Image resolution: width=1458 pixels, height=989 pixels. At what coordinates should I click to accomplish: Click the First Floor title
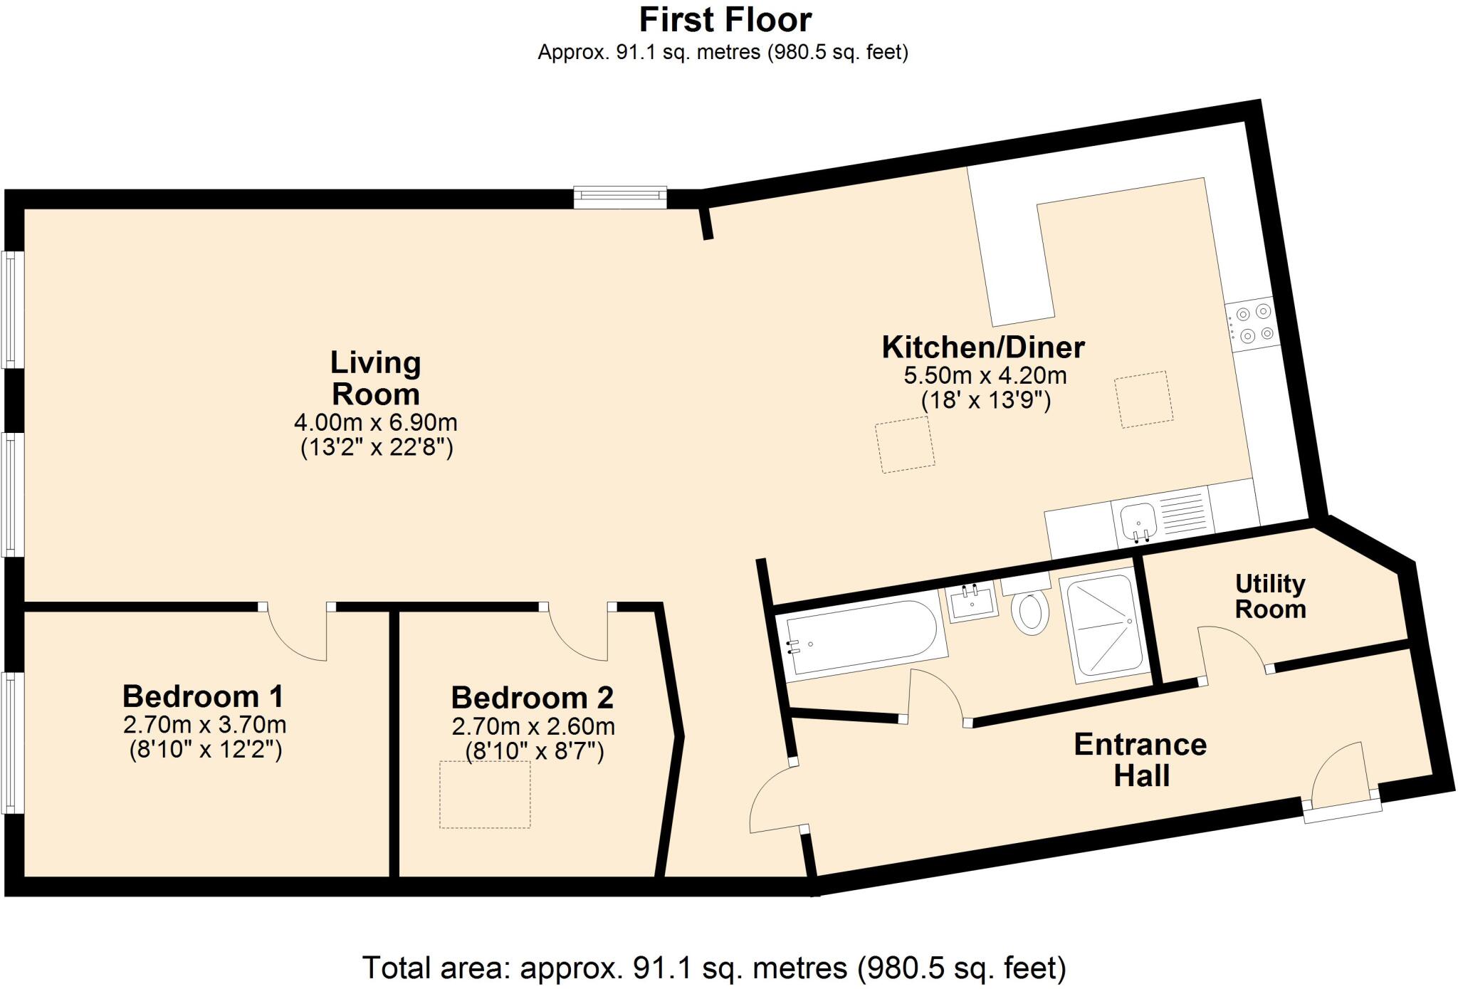(725, 20)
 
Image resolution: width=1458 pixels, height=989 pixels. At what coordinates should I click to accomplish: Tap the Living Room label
(375, 378)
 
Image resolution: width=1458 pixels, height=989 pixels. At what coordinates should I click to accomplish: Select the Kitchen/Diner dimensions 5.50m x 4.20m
(985, 375)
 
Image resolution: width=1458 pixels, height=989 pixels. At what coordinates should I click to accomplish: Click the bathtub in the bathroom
(861, 637)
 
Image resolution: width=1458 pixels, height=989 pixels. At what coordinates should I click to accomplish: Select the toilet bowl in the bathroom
(1030, 612)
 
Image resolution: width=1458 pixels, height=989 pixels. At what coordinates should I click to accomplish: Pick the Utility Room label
(1270, 596)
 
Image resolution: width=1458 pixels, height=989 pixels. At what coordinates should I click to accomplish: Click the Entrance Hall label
(1140, 760)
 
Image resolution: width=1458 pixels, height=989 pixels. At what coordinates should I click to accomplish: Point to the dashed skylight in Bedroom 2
(484, 794)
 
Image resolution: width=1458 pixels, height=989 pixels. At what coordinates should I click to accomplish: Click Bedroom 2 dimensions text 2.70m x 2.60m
(533, 727)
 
